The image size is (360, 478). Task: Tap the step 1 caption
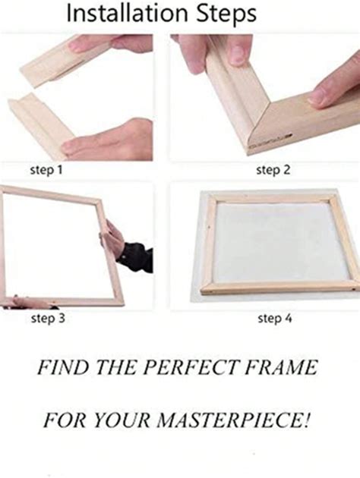click(x=47, y=170)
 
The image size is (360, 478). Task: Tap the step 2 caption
click(x=273, y=170)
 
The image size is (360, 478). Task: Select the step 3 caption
click(x=47, y=319)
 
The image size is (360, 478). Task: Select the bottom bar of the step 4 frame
click(x=278, y=288)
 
